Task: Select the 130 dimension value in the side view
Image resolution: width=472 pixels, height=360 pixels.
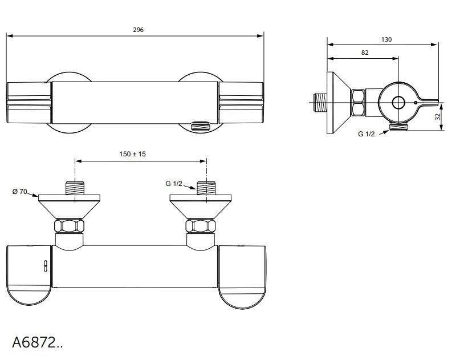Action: click(x=386, y=39)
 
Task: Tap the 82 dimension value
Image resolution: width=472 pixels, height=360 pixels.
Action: click(x=365, y=52)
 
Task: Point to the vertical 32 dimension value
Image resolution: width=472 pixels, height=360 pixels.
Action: click(x=437, y=116)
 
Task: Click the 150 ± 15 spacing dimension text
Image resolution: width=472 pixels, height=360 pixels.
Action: click(x=132, y=154)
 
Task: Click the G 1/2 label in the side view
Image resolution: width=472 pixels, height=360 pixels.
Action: click(x=367, y=134)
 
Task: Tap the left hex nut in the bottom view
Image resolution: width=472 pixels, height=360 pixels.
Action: click(x=69, y=226)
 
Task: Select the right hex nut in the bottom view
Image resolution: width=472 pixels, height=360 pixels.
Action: click(x=201, y=226)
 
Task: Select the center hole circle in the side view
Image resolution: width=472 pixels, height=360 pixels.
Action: click(x=398, y=103)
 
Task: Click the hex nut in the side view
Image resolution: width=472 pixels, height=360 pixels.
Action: click(x=359, y=103)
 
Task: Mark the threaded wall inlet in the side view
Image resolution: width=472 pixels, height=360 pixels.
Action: click(x=321, y=103)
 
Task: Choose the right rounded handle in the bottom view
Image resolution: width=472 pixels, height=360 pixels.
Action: click(x=242, y=276)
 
